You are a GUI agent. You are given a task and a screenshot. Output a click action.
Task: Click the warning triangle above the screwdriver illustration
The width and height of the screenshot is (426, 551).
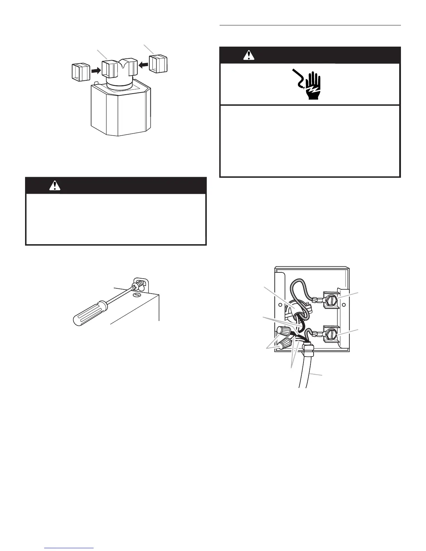55,186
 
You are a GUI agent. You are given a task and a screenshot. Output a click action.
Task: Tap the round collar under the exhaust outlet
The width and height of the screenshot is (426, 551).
119,85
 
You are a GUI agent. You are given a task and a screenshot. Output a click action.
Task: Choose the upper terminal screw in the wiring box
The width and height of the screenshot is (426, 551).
331,299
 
